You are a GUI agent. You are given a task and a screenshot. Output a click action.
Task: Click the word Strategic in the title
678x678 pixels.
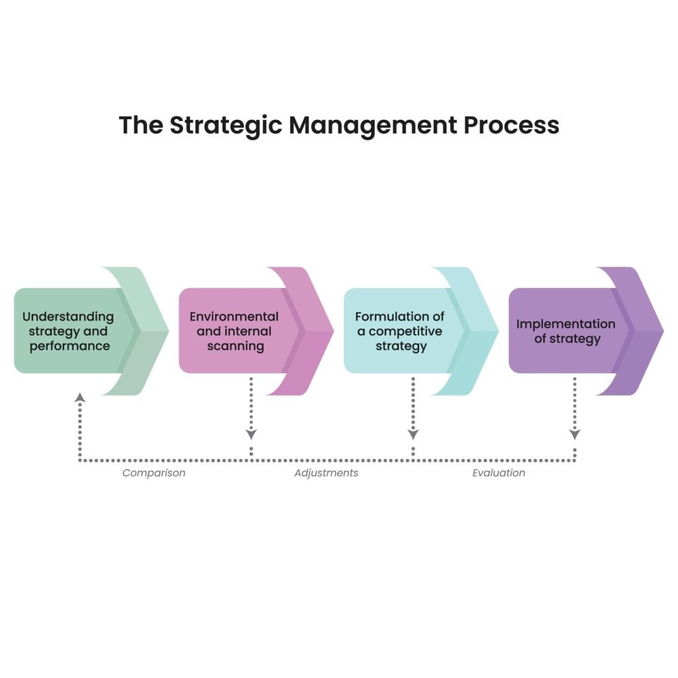pos(225,125)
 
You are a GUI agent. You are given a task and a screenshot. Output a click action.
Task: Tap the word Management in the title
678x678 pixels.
pos(373,125)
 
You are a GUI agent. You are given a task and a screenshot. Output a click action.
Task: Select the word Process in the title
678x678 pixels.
pos(512,125)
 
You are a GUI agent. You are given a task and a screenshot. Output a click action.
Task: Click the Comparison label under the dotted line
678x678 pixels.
pos(154,473)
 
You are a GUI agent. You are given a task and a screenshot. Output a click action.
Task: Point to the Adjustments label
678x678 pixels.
pos(326,473)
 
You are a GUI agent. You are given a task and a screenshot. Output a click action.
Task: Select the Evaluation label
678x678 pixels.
pos(499,473)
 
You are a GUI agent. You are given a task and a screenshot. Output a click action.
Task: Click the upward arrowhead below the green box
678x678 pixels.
pos(79,397)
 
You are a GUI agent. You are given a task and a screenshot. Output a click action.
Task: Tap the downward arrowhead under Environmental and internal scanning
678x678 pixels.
pos(251,434)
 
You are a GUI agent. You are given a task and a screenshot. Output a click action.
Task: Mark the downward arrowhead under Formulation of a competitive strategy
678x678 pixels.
pos(413,434)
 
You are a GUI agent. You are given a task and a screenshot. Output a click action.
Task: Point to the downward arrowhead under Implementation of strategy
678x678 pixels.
pos(575,434)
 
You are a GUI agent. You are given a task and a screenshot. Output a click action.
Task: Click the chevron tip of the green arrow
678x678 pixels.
pos(168,331)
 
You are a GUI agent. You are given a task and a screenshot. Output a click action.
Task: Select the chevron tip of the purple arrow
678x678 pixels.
pos(663,331)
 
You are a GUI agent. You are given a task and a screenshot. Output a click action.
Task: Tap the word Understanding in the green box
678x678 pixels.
pos(68,317)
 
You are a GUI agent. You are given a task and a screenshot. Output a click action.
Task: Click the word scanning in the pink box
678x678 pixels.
pos(236,346)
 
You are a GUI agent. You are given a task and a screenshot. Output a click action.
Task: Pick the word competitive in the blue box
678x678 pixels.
pos(406,332)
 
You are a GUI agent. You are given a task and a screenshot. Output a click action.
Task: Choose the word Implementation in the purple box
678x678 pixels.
pos(565,324)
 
